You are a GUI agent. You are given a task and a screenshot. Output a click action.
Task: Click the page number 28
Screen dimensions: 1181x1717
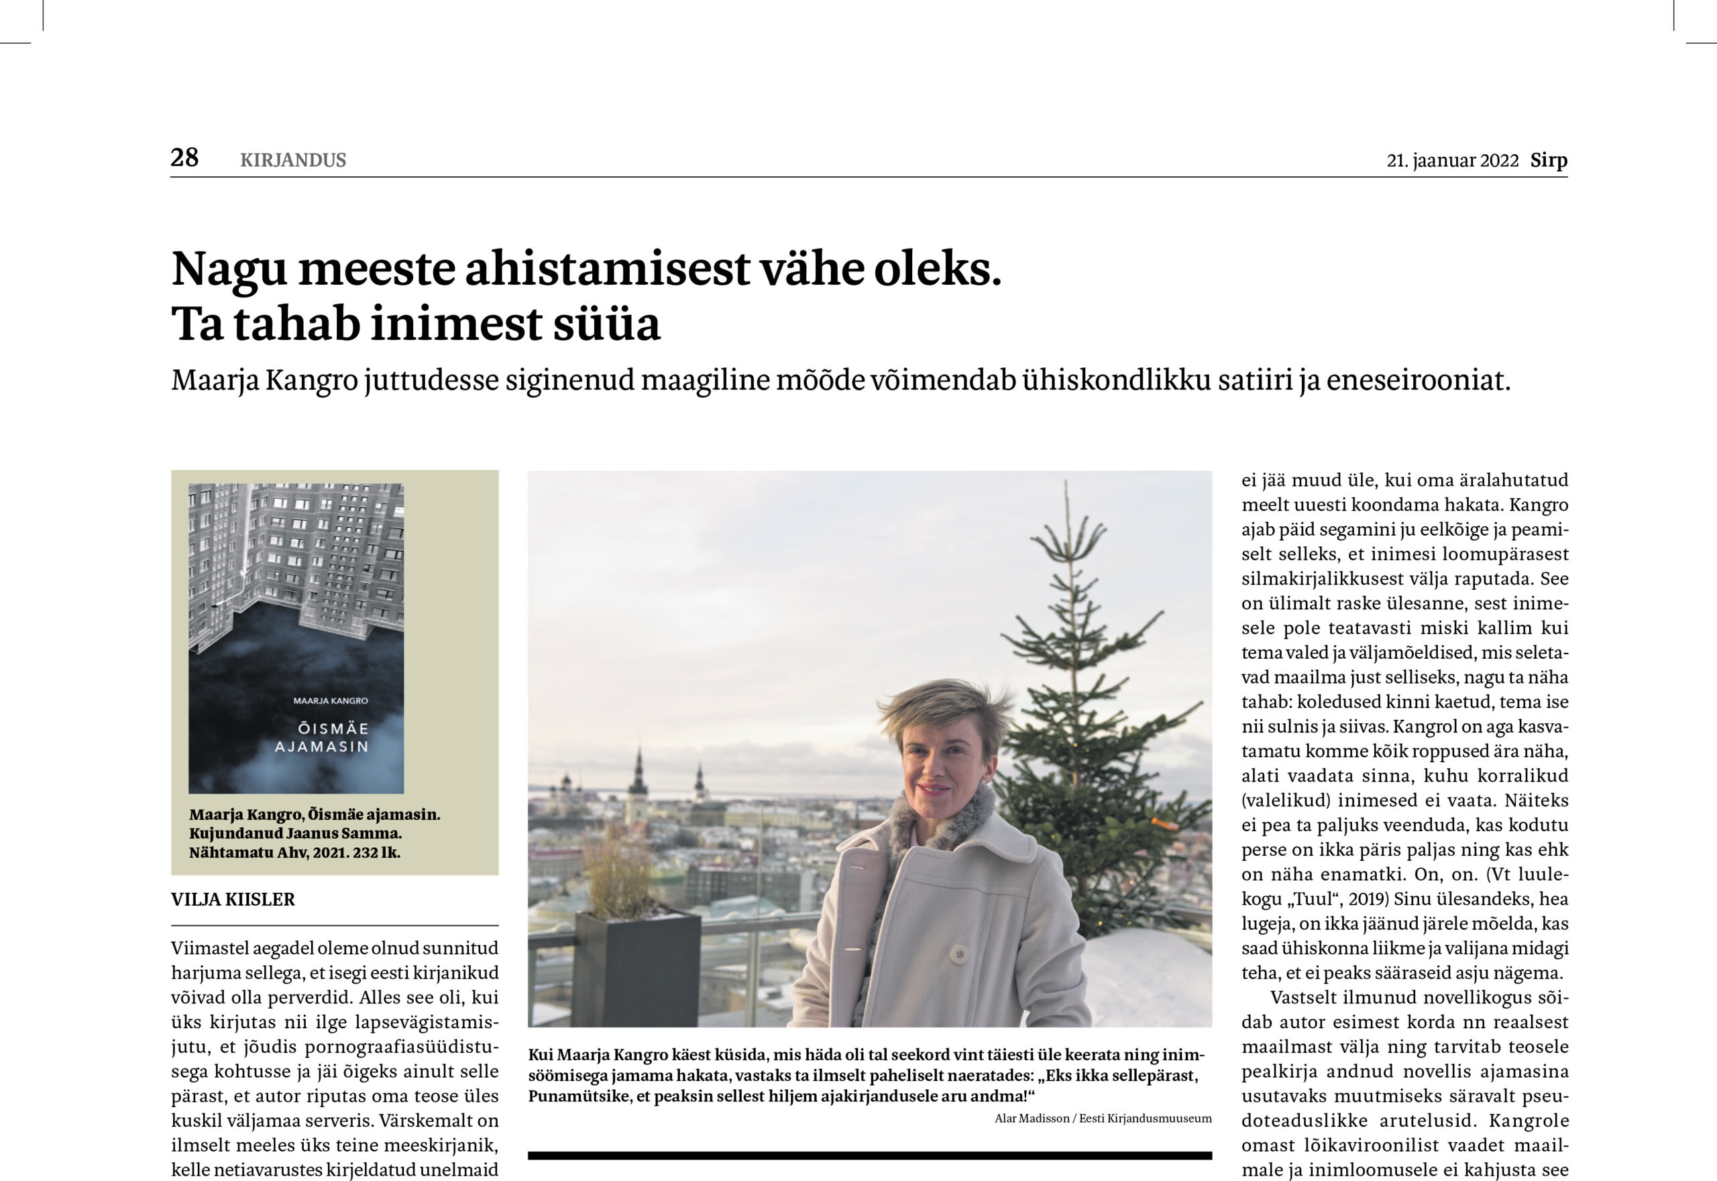tap(184, 158)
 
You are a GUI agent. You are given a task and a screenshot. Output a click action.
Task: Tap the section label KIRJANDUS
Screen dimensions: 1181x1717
tap(293, 160)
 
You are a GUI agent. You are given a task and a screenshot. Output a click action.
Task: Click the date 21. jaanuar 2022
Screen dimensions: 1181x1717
tap(1452, 161)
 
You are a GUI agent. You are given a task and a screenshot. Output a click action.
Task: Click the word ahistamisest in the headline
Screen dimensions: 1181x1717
tap(608, 269)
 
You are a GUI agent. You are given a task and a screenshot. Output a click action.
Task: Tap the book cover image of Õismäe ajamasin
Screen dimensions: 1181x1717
tap(296, 638)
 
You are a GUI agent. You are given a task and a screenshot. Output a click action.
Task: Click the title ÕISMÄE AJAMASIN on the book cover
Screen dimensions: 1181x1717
tap(321, 737)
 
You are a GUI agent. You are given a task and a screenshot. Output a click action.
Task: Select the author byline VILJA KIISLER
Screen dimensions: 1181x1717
tap(233, 899)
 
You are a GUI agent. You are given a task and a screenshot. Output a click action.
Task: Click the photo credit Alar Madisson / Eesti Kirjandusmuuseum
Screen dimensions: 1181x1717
tap(1103, 1118)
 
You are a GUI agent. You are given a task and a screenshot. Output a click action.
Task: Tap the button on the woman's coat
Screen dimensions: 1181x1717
tap(960, 954)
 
